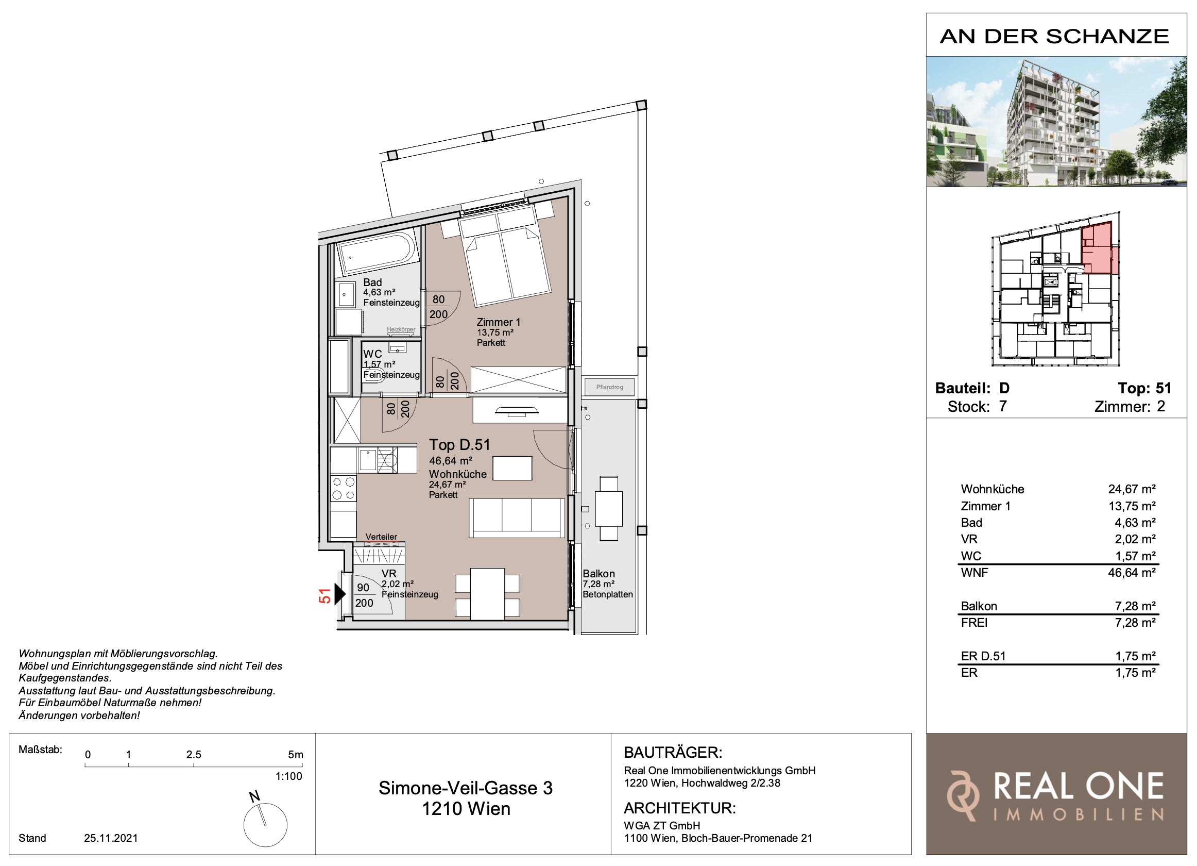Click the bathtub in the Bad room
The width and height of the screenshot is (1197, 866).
pyautogui.click(x=377, y=254)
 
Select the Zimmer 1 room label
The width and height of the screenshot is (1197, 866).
pyautogui.click(x=498, y=322)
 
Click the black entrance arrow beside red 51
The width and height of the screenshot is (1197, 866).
pyautogui.click(x=340, y=594)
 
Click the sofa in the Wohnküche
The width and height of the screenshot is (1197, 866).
pyautogui.click(x=517, y=518)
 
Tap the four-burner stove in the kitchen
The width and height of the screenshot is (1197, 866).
pyautogui.click(x=343, y=488)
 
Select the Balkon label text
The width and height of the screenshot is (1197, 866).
pyautogui.click(x=598, y=573)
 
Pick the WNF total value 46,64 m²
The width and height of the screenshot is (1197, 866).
pyautogui.click(x=1132, y=572)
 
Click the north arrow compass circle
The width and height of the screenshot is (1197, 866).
pyautogui.click(x=265, y=825)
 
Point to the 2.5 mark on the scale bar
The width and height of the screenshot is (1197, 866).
pyautogui.click(x=194, y=755)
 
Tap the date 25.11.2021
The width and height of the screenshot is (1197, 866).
pyautogui.click(x=111, y=838)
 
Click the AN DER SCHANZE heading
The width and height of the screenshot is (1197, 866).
pyautogui.click(x=1054, y=37)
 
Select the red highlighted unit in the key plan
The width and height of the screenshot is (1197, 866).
pyautogui.click(x=1099, y=248)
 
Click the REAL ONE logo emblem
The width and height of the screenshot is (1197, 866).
pyautogui.click(x=963, y=796)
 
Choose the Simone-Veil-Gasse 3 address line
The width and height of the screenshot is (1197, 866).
pyautogui.click(x=466, y=788)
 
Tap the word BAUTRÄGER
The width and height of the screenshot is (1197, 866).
pyautogui.click(x=673, y=753)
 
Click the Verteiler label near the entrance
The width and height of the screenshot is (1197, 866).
pyautogui.click(x=381, y=537)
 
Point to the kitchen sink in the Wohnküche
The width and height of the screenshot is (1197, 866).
pyautogui.click(x=368, y=460)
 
